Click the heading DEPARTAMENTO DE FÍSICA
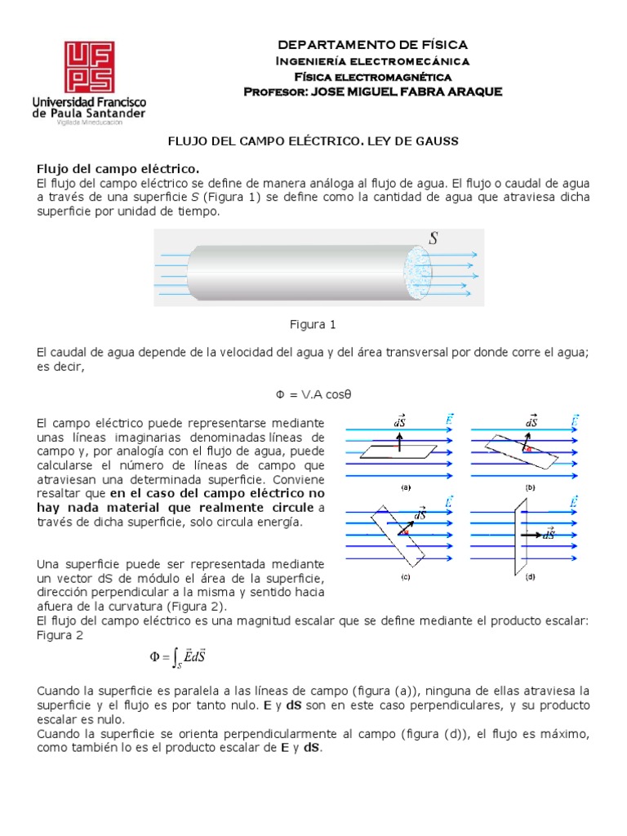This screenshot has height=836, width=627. [x=373, y=45]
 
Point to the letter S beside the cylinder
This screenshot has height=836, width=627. [x=434, y=238]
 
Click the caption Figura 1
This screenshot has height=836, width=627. [x=313, y=324]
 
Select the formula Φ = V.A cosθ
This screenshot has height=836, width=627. [x=313, y=394]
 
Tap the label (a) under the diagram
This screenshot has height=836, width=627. [x=404, y=487]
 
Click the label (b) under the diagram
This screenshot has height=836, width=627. [x=531, y=487]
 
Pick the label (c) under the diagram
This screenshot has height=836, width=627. [x=404, y=576]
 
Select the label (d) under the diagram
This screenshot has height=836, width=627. [x=531, y=576]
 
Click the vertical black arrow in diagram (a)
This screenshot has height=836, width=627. [x=398, y=441]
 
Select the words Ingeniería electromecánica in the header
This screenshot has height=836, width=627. [x=373, y=61]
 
